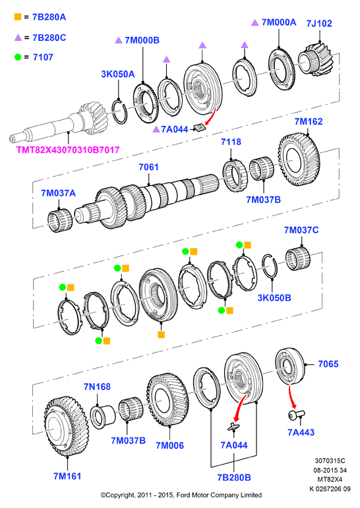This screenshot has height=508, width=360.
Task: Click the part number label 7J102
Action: click(x=319, y=23)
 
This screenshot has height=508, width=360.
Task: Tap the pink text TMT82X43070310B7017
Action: click(x=68, y=150)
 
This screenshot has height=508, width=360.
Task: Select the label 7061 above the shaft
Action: click(x=148, y=167)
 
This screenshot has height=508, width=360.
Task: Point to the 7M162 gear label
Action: click(x=309, y=121)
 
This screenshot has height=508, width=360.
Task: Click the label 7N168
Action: click(x=97, y=387)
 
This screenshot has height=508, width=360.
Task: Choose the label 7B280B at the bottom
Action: click(x=234, y=477)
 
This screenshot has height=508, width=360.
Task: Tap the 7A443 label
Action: click(x=301, y=432)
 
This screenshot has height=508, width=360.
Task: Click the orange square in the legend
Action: click(x=18, y=16)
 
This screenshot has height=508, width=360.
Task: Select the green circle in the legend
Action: click(x=18, y=57)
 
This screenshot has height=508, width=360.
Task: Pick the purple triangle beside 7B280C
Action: click(x=18, y=38)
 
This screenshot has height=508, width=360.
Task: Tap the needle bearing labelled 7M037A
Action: click(x=60, y=220)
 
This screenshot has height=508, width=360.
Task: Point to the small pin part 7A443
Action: click(x=297, y=414)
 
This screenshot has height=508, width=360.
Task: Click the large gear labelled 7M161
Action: click(x=66, y=426)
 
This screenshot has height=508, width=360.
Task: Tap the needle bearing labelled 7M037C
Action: click(x=298, y=258)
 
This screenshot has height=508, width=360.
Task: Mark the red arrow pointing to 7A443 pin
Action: click(x=291, y=397)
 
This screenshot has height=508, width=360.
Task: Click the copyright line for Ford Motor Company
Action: click(x=181, y=495)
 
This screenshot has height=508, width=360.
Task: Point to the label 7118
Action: click(x=231, y=142)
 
